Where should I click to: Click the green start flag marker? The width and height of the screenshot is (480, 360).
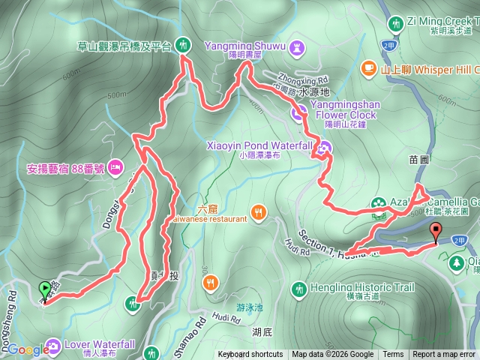(45, 288)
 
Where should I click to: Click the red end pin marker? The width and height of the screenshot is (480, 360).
(436, 232)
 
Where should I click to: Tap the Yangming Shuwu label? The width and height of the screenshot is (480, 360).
(255, 46)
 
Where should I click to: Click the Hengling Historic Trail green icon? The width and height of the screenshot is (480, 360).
(298, 288)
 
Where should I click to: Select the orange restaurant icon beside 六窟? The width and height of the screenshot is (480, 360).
(259, 212)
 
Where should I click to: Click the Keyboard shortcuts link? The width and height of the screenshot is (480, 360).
(250, 355)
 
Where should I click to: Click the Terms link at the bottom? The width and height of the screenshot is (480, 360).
(393, 355)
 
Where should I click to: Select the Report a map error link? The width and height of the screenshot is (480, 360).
(444, 355)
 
